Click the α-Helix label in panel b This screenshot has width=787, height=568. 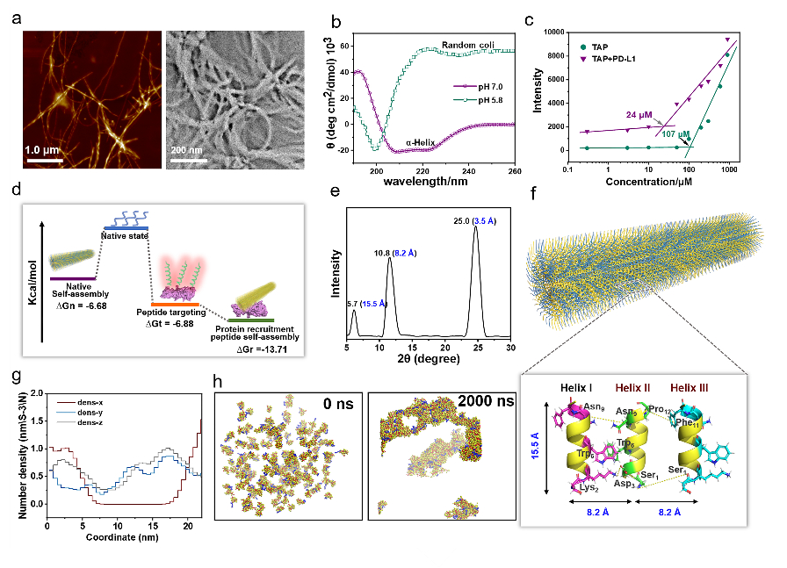(423, 140)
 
